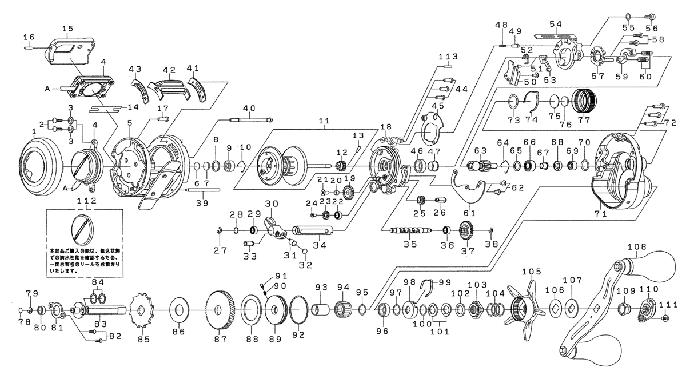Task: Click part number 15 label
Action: click(67, 28)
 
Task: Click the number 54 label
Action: click(556, 23)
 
